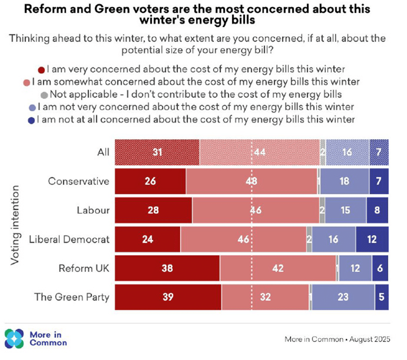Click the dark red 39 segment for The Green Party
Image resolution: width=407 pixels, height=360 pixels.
click(x=168, y=297)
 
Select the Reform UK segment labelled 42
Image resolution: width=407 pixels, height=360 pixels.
click(x=278, y=268)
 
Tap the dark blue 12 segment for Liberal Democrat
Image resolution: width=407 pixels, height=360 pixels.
click(x=372, y=239)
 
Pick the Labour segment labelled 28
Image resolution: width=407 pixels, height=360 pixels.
click(x=153, y=210)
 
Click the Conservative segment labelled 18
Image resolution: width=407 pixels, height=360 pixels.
click(x=344, y=181)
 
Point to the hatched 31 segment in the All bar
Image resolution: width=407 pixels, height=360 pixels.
click(x=157, y=152)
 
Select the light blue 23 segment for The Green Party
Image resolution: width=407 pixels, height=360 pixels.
click(x=343, y=297)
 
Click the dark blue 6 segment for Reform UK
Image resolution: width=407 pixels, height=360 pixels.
click(x=380, y=268)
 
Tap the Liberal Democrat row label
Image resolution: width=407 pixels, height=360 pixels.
click(x=69, y=239)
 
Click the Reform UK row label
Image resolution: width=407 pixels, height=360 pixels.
click(x=84, y=268)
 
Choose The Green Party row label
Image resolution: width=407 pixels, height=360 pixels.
click(x=72, y=297)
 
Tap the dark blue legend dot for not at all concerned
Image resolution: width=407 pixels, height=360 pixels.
click(x=32, y=120)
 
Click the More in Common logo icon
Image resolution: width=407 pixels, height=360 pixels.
click(x=14, y=338)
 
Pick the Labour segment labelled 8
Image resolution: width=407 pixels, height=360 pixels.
click(x=377, y=210)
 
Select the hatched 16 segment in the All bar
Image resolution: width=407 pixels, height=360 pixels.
click(x=347, y=152)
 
